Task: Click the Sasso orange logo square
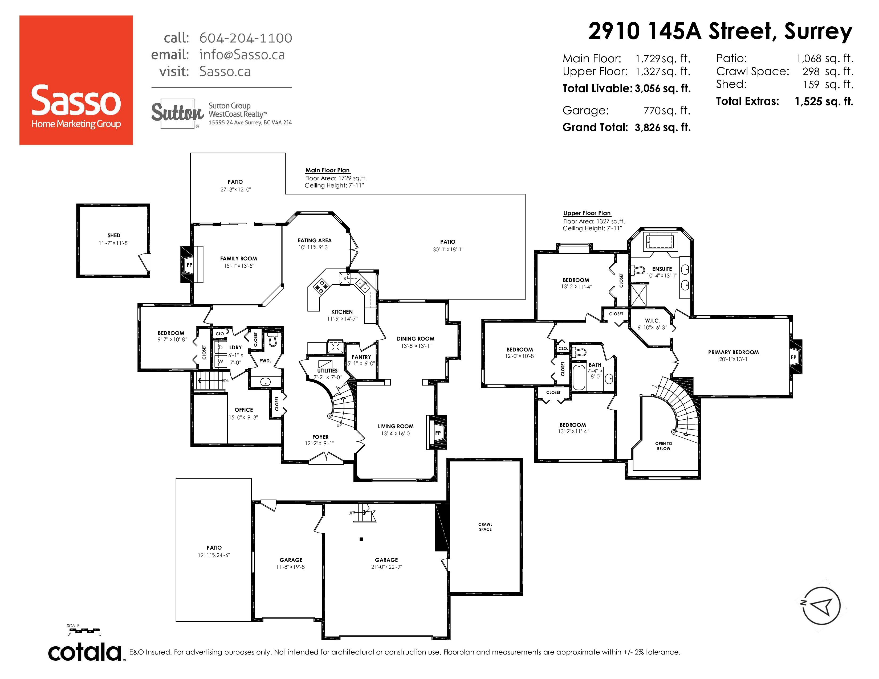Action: click(76, 80)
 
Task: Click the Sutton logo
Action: click(177, 113)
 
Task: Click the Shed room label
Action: click(114, 235)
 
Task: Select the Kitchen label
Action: click(342, 312)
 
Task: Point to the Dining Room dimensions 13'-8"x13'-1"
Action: click(416, 346)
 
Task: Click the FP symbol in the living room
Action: click(438, 433)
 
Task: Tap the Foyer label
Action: click(320, 437)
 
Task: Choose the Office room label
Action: click(244, 410)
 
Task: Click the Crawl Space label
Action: click(485, 527)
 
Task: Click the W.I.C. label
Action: click(652, 321)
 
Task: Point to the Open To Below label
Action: click(664, 446)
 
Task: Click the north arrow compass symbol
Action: click(821, 606)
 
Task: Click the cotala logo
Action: click(85, 652)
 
